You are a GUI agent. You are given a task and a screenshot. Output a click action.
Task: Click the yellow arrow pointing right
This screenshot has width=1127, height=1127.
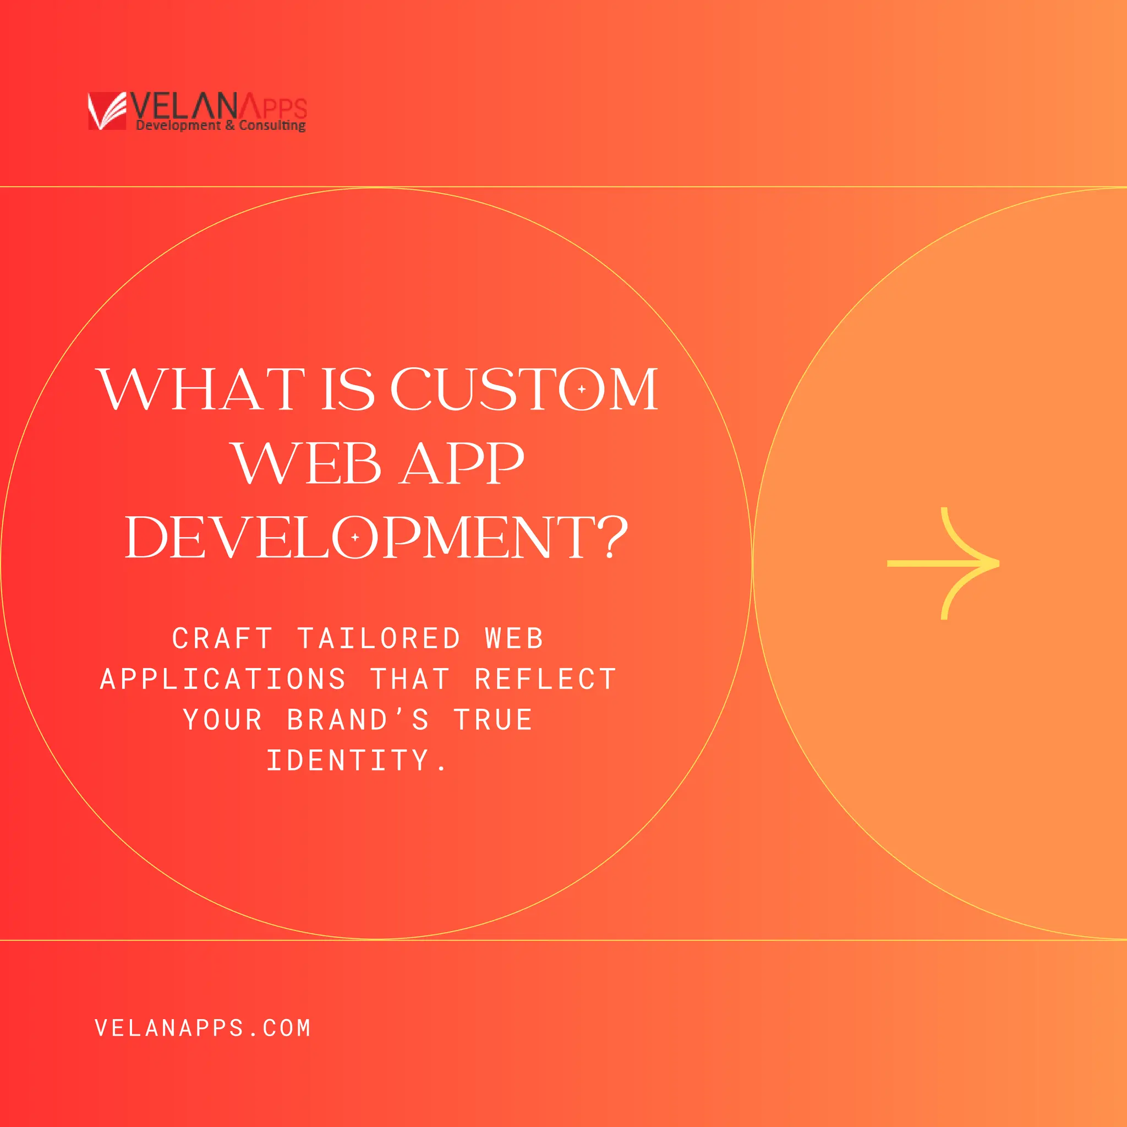tap(943, 563)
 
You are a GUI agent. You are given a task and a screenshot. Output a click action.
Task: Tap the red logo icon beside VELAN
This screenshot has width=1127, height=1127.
tap(107, 111)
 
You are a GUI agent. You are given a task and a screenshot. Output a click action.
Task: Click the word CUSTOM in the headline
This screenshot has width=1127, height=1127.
tap(524, 389)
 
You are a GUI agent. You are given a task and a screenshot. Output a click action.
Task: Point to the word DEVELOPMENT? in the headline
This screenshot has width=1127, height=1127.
tap(376, 537)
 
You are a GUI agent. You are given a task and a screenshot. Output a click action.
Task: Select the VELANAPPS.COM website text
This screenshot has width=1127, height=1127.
tap(203, 1028)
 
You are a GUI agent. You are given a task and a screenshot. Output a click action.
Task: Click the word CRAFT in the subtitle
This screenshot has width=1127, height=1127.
tap(222, 638)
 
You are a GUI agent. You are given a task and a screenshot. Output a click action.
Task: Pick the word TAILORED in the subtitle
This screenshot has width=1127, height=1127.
tap(379, 638)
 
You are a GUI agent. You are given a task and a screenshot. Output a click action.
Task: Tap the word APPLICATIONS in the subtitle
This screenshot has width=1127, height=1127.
tap(223, 679)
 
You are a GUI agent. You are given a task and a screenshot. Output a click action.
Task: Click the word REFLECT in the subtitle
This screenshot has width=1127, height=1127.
tap(545, 679)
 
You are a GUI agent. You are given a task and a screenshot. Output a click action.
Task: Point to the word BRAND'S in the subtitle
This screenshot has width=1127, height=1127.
tap(358, 719)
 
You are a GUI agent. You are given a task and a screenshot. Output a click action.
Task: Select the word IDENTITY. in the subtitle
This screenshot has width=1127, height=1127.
tap(357, 760)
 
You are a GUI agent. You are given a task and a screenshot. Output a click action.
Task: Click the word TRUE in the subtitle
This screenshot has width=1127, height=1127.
tap(493, 719)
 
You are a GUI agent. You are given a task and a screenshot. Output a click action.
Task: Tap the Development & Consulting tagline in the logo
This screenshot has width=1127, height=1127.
tap(221, 125)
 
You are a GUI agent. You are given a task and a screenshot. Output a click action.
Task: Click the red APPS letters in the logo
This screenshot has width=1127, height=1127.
tap(273, 107)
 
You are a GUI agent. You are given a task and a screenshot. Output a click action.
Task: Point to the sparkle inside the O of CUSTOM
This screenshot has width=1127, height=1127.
tap(582, 389)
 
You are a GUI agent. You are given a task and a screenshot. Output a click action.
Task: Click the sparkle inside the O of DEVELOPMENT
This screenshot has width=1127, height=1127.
tap(355, 537)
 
